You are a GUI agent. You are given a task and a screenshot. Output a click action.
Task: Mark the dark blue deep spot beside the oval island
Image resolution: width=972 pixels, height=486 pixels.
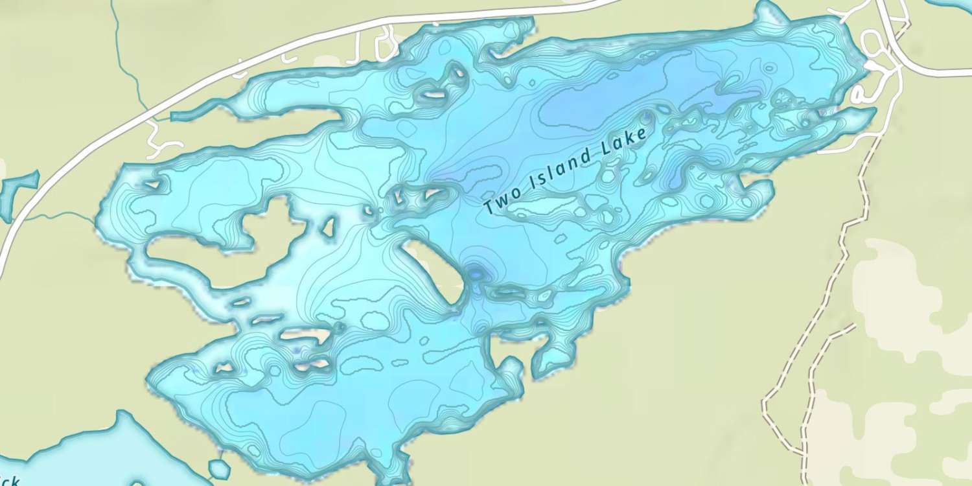[477, 274]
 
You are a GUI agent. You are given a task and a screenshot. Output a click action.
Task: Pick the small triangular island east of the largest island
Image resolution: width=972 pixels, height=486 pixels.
[329, 227]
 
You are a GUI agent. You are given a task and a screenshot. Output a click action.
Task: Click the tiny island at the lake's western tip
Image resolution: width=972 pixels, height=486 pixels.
[154, 184]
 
